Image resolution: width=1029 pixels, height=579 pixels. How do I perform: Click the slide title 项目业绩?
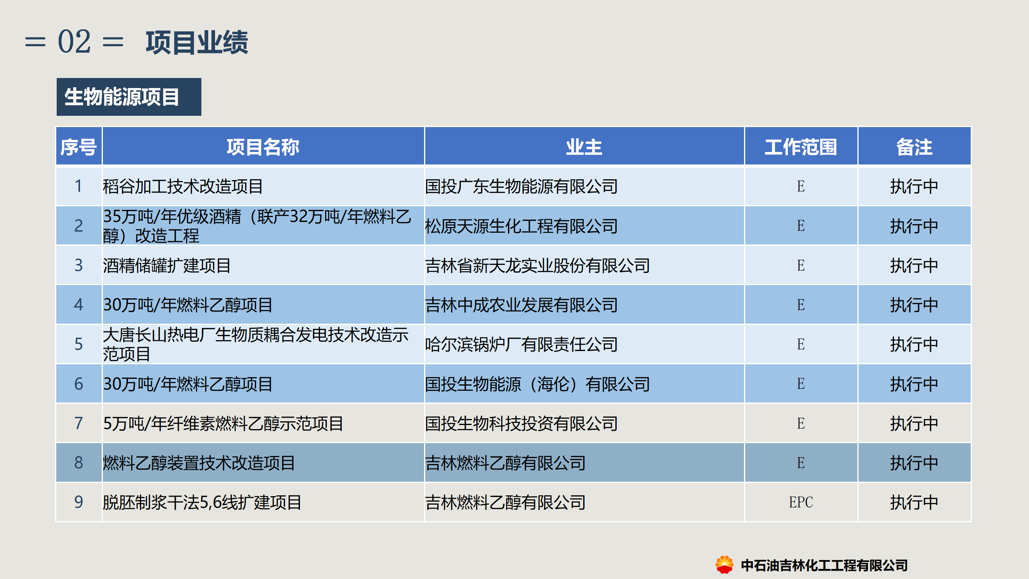point(197,42)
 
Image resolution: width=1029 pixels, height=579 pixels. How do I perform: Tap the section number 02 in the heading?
point(74,41)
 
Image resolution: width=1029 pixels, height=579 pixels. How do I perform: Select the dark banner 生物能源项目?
point(129,97)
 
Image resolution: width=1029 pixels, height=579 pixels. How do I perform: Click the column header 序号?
point(79,147)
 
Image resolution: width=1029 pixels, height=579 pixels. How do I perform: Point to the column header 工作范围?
point(801,147)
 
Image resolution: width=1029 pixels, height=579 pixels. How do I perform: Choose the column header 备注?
point(914,147)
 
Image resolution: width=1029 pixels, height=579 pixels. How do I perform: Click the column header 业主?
point(584,147)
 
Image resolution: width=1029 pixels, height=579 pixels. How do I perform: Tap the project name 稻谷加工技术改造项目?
point(183,186)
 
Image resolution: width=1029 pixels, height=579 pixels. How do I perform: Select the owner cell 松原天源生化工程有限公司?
point(521,226)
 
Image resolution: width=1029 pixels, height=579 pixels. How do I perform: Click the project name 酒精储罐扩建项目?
point(167,265)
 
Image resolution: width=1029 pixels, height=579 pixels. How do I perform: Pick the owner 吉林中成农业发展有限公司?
point(521,305)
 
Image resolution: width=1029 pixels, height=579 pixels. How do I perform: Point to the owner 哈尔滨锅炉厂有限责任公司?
point(521,344)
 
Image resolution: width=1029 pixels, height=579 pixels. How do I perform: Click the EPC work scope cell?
point(801,502)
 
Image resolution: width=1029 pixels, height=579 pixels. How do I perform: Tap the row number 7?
point(79,423)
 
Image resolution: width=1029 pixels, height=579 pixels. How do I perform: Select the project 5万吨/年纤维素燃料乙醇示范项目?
point(223,423)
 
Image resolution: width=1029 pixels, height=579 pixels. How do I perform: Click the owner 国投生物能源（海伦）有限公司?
point(537,384)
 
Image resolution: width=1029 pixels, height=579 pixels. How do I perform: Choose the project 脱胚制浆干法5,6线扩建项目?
point(202,502)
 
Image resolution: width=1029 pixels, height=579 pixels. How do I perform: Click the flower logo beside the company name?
point(724,565)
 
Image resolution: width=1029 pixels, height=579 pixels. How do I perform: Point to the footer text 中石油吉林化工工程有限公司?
point(824,565)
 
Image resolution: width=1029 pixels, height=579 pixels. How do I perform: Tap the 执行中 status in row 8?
point(914,463)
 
